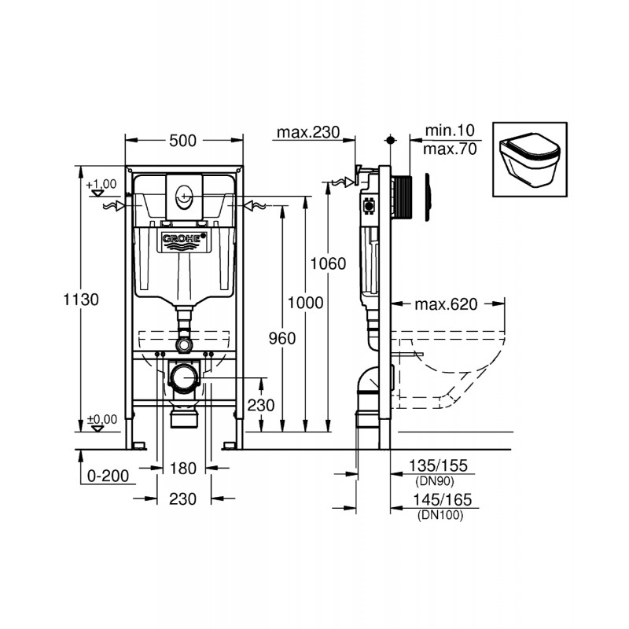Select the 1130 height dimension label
pyautogui.click(x=82, y=300)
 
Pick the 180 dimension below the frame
pyautogui.click(x=182, y=469)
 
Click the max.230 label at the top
pyautogui.click(x=306, y=132)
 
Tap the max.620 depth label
pyautogui.click(x=447, y=305)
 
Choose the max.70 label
pyautogui.click(x=450, y=149)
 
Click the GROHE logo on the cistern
pyautogui.click(x=183, y=239)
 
